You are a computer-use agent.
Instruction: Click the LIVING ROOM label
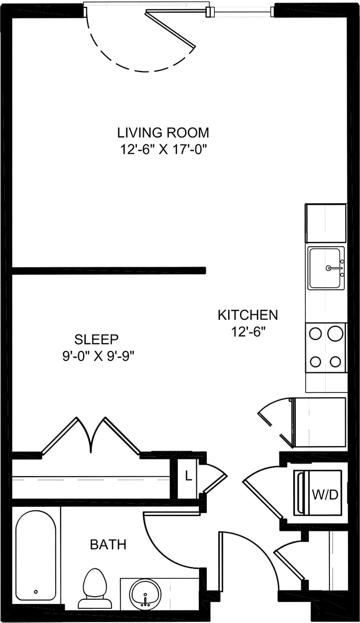click(x=163, y=132)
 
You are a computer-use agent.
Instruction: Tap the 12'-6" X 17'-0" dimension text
click(x=163, y=149)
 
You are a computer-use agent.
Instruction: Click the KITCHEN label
click(x=247, y=315)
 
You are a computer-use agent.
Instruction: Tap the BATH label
click(x=108, y=544)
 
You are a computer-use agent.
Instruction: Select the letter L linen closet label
click(x=188, y=478)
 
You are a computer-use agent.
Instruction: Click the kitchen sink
click(x=326, y=268)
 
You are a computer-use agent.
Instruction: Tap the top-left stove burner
click(x=316, y=333)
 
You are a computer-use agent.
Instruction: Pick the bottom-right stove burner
click(x=335, y=361)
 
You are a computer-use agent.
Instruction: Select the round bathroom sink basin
click(x=144, y=593)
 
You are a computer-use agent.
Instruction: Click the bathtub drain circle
click(x=36, y=591)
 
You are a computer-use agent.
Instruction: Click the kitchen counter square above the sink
click(x=326, y=224)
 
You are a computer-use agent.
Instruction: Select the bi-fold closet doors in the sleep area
click(x=91, y=435)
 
